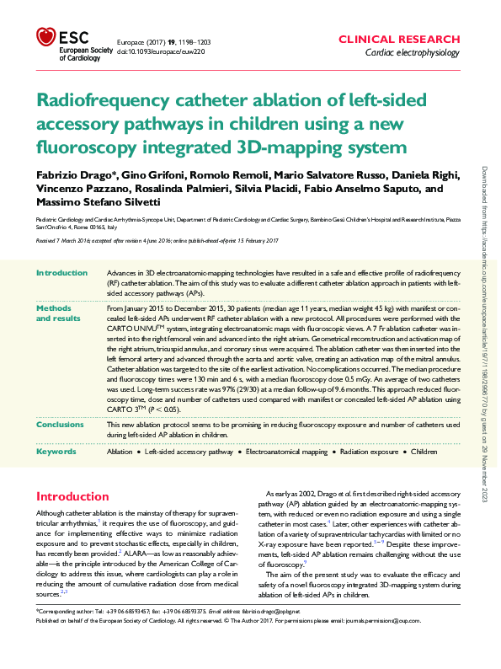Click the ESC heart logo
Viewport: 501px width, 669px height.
[x=45, y=37]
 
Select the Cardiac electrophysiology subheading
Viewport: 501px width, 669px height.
[x=412, y=53]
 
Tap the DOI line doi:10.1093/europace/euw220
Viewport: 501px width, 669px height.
[x=159, y=51]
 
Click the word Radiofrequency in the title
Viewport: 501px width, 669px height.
[x=110, y=101]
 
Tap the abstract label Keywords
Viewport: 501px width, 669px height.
[x=57, y=452]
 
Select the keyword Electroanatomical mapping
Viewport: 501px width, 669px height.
[x=286, y=452]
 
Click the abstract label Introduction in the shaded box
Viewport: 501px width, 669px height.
[x=63, y=274]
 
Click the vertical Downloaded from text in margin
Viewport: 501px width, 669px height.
[x=486, y=337]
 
